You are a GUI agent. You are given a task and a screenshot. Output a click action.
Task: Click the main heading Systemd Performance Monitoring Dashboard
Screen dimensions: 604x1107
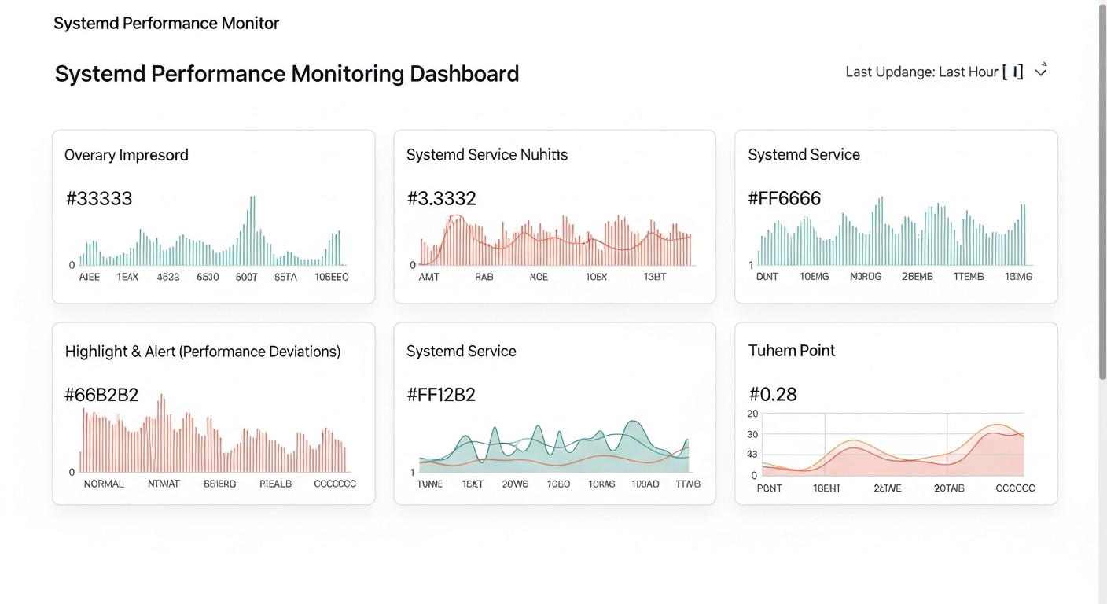click(287, 74)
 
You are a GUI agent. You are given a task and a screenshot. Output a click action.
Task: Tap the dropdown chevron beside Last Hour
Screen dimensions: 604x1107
click(1041, 72)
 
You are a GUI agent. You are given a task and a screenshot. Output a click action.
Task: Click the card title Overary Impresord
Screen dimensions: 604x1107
click(127, 155)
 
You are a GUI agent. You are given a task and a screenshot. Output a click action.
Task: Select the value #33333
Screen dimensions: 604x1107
click(99, 198)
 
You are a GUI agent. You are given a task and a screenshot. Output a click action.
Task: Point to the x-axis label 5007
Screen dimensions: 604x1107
click(247, 277)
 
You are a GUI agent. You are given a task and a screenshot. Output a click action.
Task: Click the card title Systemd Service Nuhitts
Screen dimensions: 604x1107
click(487, 155)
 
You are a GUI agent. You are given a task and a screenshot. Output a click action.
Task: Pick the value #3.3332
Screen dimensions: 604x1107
click(441, 198)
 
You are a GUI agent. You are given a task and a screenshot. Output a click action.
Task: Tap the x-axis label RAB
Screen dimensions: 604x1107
click(484, 277)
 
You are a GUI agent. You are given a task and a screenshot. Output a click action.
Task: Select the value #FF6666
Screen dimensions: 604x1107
click(784, 198)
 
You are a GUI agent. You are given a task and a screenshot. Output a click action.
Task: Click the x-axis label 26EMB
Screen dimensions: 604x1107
click(917, 277)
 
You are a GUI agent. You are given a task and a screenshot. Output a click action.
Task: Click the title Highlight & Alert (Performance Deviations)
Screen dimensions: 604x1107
click(203, 352)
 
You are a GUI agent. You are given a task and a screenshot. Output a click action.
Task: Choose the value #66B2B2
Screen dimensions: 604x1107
click(101, 395)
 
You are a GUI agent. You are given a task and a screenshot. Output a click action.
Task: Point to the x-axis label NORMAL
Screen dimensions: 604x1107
click(104, 484)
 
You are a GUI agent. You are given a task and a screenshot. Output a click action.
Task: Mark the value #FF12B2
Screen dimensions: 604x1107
click(441, 395)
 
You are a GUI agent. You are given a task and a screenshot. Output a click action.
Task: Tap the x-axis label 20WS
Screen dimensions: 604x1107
click(515, 484)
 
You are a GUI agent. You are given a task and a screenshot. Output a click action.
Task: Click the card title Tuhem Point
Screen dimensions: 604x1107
click(792, 351)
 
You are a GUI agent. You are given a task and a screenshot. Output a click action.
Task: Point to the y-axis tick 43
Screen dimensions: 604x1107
click(752, 455)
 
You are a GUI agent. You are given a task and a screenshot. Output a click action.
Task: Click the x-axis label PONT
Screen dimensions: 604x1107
click(769, 488)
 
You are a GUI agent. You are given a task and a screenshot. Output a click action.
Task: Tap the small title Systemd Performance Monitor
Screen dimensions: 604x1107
click(166, 24)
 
